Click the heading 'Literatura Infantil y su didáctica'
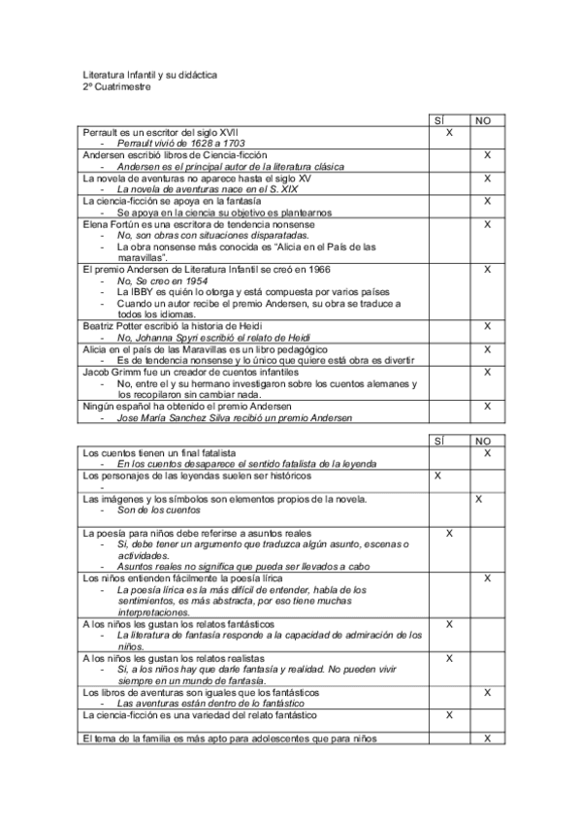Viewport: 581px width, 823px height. tap(149, 74)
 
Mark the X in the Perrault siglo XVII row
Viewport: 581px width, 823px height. tap(450, 131)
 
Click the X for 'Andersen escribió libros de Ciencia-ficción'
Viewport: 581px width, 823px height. tap(487, 155)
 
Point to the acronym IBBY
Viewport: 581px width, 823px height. tap(146, 291)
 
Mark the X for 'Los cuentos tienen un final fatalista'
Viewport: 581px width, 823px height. tap(487, 453)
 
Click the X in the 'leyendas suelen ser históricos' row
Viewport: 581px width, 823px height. tap(438, 477)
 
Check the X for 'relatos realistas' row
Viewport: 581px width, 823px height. tap(449, 659)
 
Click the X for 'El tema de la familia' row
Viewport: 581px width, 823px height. tap(487, 740)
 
